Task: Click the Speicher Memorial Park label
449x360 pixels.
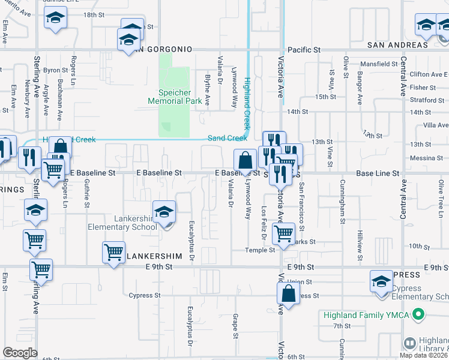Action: click(175, 97)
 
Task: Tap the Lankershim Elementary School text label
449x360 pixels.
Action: click(122, 223)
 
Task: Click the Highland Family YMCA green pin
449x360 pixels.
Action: click(420, 314)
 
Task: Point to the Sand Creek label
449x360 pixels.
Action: click(228, 138)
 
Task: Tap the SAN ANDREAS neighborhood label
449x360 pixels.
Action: click(398, 45)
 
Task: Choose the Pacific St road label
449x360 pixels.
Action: click(304, 50)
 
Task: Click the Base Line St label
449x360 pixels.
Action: click(378, 173)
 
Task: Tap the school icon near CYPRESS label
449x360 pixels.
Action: click(381, 282)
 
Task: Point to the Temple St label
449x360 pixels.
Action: click(259, 250)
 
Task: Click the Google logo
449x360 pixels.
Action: click(20, 353)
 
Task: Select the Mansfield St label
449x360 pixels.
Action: click(375, 64)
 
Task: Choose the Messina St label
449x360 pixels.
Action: click(427, 158)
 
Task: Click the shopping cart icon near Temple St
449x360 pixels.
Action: click(283, 233)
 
